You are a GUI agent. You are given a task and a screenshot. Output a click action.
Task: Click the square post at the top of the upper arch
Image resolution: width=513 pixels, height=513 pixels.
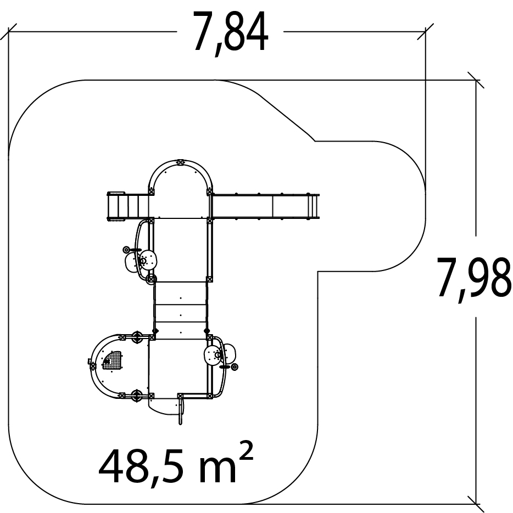[x=180, y=162]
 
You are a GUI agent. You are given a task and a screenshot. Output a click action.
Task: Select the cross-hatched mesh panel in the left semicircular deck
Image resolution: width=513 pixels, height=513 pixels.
[x=111, y=360]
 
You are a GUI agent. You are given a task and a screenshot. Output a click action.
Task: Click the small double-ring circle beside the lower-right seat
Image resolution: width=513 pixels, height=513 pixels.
[x=234, y=368]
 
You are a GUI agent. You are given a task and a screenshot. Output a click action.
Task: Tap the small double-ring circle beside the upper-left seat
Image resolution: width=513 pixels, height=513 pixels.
[x=126, y=250]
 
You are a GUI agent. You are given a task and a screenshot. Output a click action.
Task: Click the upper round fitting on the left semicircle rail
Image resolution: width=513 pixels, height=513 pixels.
[x=137, y=337]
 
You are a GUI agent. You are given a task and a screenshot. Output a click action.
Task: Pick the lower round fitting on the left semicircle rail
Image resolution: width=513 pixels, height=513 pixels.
[x=137, y=396]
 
